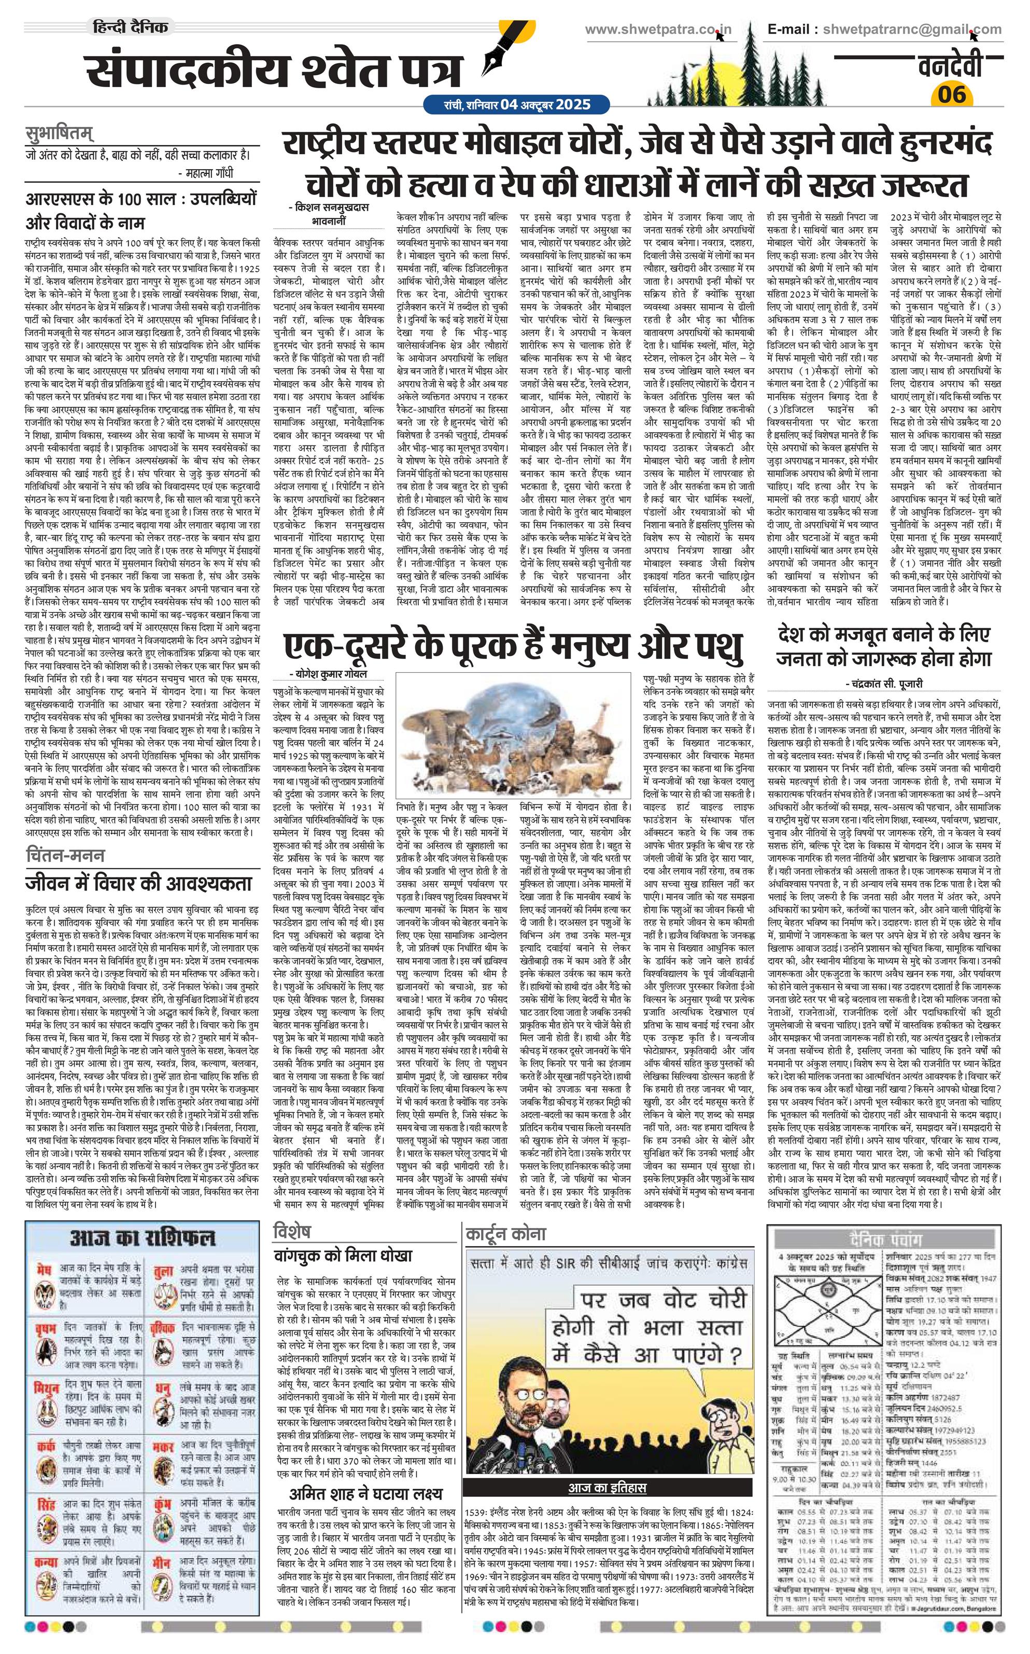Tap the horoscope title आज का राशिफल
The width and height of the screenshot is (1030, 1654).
pos(143,1218)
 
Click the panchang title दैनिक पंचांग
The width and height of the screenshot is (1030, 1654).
pos(885,1216)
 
